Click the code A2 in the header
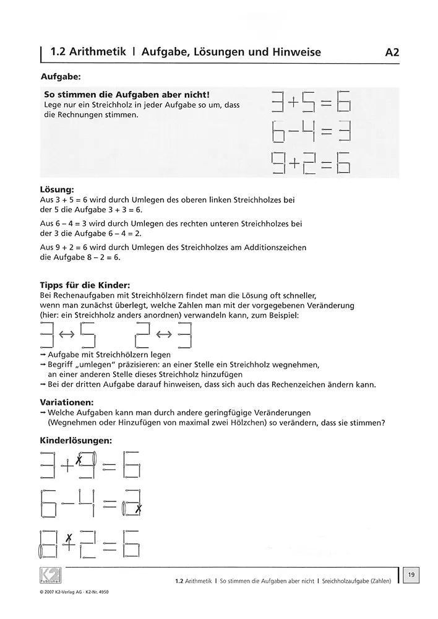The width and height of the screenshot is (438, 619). [x=392, y=52]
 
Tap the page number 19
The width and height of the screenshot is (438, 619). [x=411, y=576]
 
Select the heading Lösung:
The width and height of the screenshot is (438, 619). [x=58, y=187]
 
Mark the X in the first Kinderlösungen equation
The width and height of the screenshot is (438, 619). [x=79, y=459]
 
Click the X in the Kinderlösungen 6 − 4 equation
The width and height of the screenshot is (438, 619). [x=139, y=509]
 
